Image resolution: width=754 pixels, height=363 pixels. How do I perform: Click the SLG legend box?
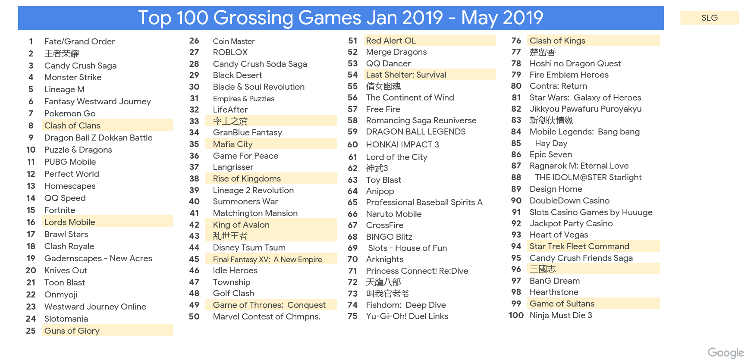[x=709, y=18]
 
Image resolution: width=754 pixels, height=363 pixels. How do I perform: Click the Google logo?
[x=726, y=353]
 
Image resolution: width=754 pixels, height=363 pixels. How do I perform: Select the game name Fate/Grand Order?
[x=79, y=41]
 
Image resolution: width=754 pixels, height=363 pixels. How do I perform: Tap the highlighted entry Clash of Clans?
[x=72, y=125]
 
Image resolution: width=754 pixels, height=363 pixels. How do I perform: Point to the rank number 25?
[x=31, y=331]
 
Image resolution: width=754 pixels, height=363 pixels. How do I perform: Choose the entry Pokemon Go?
[x=70, y=113]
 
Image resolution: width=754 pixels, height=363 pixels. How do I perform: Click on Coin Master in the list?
[x=234, y=41]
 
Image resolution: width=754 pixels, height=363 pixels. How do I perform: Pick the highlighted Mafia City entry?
[x=233, y=144]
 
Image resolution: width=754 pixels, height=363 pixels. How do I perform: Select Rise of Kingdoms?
[x=247, y=178]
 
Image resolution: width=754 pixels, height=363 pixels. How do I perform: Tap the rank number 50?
[x=194, y=316]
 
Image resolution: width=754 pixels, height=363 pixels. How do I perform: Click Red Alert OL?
[x=391, y=41]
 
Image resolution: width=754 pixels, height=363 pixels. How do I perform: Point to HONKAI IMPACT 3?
[x=402, y=144]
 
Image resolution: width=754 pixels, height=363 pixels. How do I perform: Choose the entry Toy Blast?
[x=383, y=180]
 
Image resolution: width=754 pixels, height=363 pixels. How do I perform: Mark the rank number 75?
[x=352, y=316]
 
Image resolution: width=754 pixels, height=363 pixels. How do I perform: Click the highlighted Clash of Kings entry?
[x=557, y=41]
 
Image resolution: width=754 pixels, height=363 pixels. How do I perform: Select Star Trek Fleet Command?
[x=579, y=246]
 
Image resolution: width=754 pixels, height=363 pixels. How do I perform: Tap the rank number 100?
[x=516, y=315]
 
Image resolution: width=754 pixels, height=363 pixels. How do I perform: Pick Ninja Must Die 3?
[x=561, y=315]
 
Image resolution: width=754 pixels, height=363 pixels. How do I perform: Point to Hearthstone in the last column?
[x=554, y=292]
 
